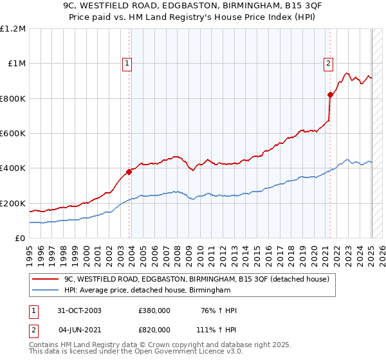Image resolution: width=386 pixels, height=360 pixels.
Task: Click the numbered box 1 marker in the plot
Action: click(127, 63)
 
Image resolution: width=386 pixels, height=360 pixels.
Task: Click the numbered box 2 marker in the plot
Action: click(328, 63)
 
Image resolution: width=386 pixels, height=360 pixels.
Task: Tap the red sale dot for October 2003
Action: click(129, 172)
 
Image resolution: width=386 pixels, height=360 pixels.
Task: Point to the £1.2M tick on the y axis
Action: click(13, 29)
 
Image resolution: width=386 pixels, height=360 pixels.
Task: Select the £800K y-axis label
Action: click(12, 98)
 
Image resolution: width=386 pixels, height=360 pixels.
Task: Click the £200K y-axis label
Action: click(12, 203)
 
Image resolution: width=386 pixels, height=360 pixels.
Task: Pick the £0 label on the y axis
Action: click(19, 238)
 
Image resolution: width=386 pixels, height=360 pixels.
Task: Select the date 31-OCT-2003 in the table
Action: click(80, 311)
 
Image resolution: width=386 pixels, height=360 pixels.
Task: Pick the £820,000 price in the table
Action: click(154, 329)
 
